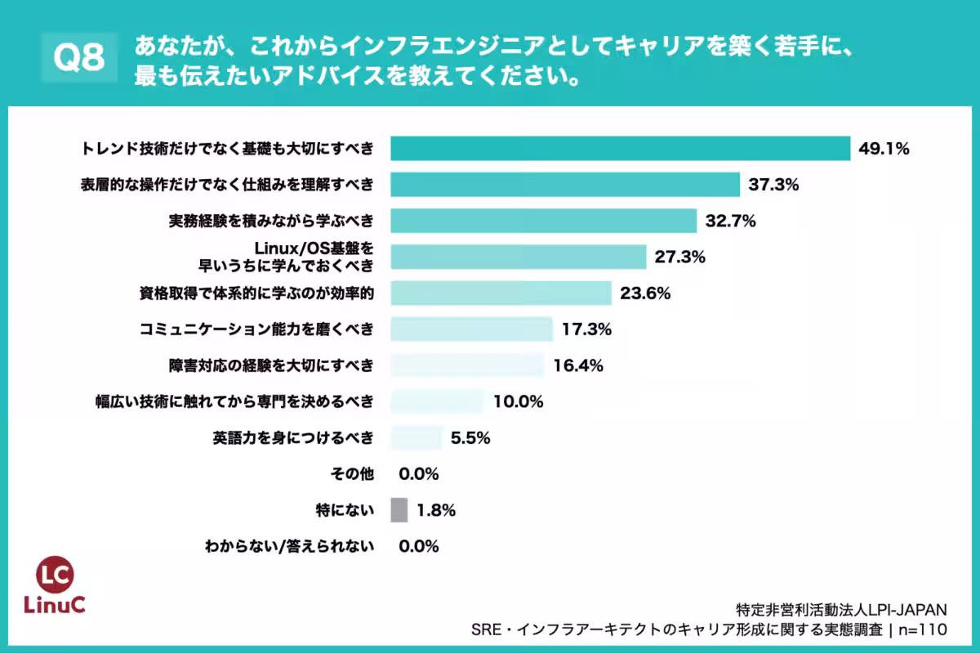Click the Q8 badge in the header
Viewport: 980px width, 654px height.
tap(79, 59)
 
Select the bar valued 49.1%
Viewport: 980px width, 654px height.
tap(621, 148)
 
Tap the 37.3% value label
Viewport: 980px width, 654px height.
tap(773, 185)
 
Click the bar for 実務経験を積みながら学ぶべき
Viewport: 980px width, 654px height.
tap(543, 221)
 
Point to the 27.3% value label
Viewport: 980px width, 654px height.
tap(679, 257)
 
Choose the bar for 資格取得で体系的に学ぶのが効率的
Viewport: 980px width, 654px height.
tap(501, 293)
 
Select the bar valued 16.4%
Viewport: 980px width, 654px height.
tap(466, 365)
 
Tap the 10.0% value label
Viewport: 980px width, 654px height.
tap(518, 401)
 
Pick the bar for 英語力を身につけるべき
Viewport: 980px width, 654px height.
tap(416, 437)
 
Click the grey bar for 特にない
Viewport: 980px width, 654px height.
tap(399, 510)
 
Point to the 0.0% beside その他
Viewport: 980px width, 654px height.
tap(419, 474)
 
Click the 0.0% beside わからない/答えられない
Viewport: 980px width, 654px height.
tap(419, 546)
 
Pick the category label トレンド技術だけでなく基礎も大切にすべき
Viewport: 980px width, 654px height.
tap(228, 148)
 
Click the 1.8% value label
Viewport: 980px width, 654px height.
tap(436, 510)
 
